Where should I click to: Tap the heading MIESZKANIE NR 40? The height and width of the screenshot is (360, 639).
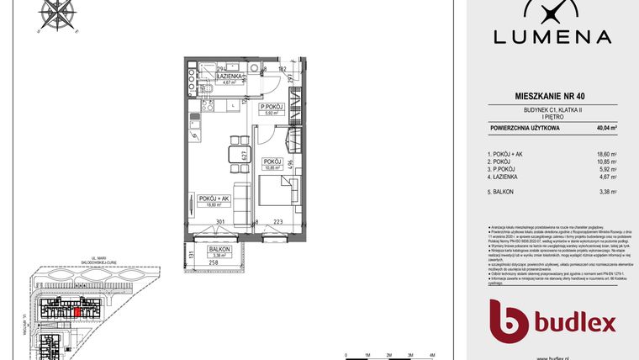click(x=552, y=98)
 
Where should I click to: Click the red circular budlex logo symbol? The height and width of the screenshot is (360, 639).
click(x=509, y=320)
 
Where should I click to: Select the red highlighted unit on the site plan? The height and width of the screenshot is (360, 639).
click(x=78, y=312)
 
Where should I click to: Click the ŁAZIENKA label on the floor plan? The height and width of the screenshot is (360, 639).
click(x=229, y=77)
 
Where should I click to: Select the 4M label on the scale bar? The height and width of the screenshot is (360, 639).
click(x=431, y=356)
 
